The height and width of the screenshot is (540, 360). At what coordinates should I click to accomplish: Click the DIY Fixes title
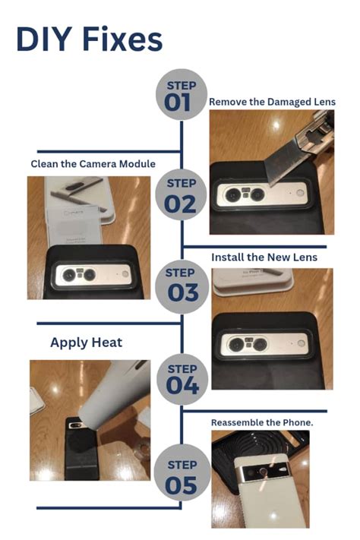(x=89, y=39)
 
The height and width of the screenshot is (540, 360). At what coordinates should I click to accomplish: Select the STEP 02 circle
(x=181, y=194)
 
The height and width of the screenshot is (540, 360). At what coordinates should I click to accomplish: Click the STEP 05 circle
(x=181, y=475)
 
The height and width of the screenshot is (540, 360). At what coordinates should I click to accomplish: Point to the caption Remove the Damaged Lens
(x=271, y=102)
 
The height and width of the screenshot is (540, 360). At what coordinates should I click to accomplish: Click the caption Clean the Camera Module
(x=93, y=163)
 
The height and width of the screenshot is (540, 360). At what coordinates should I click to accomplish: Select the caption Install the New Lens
(x=264, y=257)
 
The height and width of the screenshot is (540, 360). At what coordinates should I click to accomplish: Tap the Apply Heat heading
(x=86, y=343)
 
